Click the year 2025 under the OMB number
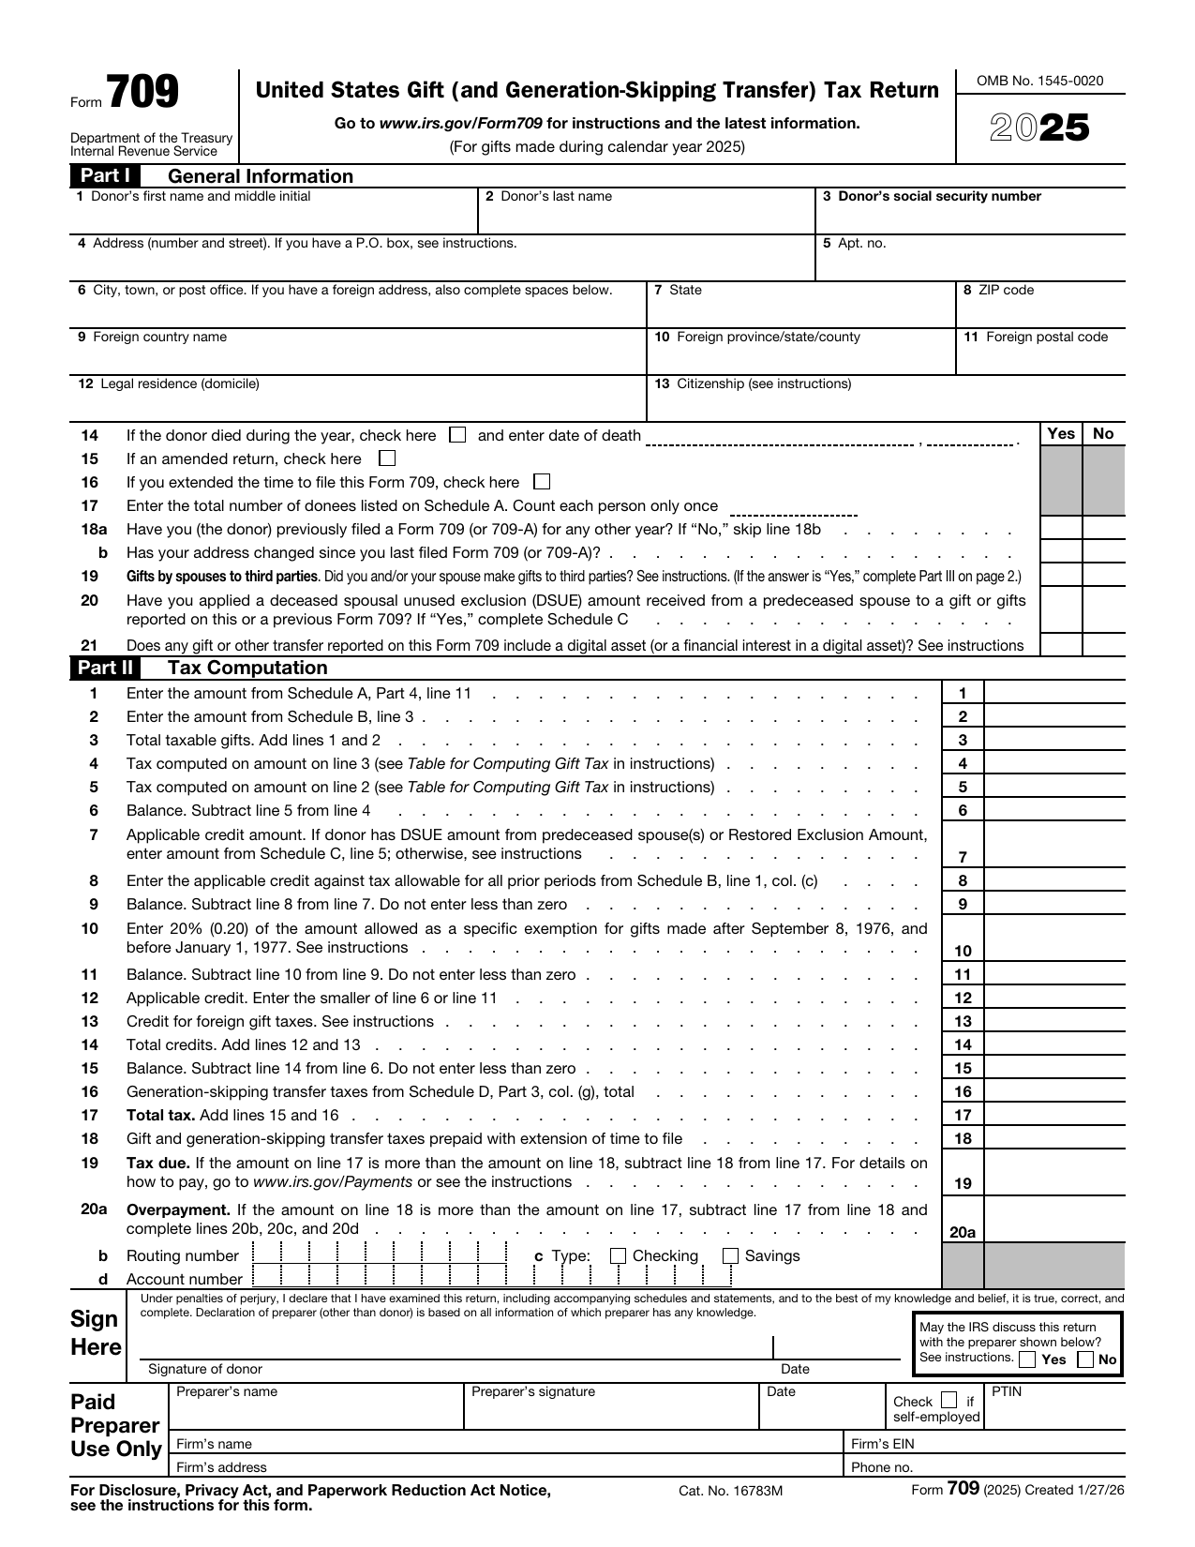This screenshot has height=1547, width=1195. (1040, 128)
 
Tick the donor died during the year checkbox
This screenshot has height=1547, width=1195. (457, 435)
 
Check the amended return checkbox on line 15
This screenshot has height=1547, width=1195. (387, 458)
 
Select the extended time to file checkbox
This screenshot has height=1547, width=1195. (541, 482)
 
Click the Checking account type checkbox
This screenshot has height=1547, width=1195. (618, 1256)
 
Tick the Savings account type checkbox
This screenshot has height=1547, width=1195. (731, 1256)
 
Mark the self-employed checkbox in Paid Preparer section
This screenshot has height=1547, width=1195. (949, 1401)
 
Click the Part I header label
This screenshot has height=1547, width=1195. (105, 176)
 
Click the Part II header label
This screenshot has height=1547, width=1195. (105, 668)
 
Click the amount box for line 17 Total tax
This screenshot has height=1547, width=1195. (1053, 1115)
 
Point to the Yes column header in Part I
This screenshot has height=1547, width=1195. (1060, 433)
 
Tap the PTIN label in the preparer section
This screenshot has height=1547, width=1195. (1006, 1391)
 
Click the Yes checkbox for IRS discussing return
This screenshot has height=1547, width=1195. (1028, 1359)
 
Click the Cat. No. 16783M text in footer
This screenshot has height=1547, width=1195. (730, 1491)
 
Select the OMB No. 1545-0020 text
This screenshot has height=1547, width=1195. (1039, 81)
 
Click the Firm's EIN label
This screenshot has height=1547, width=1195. (882, 1444)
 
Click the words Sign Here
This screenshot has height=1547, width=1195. (96, 1333)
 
